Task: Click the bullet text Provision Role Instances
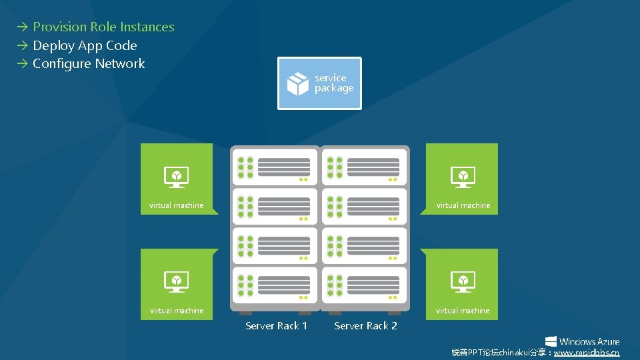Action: [x=103, y=27]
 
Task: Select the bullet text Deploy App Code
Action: [x=85, y=46]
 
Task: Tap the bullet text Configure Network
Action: [x=89, y=64]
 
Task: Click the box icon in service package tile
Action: [x=297, y=84]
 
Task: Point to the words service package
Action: [x=334, y=83]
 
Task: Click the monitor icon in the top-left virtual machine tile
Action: [x=177, y=177]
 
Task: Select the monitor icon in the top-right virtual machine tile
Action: [x=463, y=177]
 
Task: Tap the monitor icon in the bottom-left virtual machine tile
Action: [x=177, y=281]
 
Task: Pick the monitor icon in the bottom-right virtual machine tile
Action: [x=463, y=281]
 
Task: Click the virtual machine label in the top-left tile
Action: [x=177, y=205]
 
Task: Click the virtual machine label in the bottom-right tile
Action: [x=463, y=311]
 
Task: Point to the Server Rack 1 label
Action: [x=276, y=326]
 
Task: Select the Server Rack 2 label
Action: [x=365, y=326]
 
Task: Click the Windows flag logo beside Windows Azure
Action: [x=551, y=341]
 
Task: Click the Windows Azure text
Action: [x=589, y=341]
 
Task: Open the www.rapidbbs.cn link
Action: [x=587, y=353]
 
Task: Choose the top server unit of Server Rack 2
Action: [x=364, y=167]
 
